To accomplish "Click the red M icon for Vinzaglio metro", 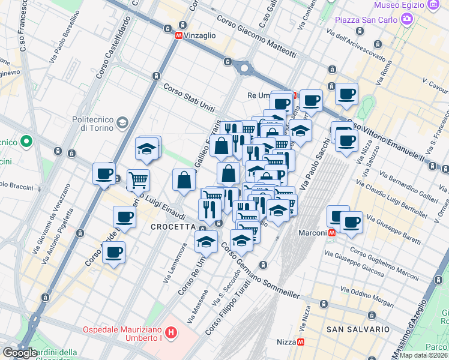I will click(x=178, y=36).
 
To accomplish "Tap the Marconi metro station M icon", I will click(x=331, y=233).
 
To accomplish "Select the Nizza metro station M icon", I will click(x=301, y=342).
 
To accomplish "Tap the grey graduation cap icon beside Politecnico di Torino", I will click(x=122, y=123).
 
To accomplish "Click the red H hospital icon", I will click(x=172, y=332).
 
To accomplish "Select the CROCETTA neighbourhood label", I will click(x=173, y=227).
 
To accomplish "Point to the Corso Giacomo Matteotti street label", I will click(x=257, y=37).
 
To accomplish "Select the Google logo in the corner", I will click(x=20, y=353).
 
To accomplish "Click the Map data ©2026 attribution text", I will click(x=423, y=355).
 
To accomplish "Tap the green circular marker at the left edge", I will click(x=26, y=142).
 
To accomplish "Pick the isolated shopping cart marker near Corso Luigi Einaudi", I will click(x=139, y=179).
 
